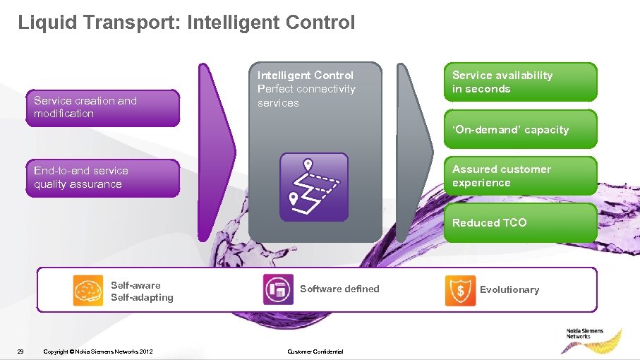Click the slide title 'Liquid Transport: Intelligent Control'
pyautogui.click(x=186, y=23)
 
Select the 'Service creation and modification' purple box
pyautogui.click(x=103, y=107)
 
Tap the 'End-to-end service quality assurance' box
pyautogui.click(x=103, y=177)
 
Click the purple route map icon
pyautogui.click(x=314, y=187)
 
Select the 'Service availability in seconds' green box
pyautogui.click(x=520, y=82)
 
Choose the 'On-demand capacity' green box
pyautogui.click(x=520, y=130)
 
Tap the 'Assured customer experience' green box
pyautogui.click(x=520, y=176)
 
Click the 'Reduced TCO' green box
pyautogui.click(x=520, y=223)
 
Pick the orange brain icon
pyautogui.click(x=88, y=290)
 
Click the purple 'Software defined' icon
pyautogui.click(x=278, y=290)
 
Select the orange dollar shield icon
pyautogui.click(x=460, y=290)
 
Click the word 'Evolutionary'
pyautogui.click(x=509, y=289)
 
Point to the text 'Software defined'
pyautogui.click(x=339, y=289)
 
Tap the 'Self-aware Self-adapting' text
pyautogui.click(x=142, y=292)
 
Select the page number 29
pyautogui.click(x=20, y=352)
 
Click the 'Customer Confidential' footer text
pyautogui.click(x=315, y=352)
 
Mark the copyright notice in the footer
pyautogui.click(x=97, y=352)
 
